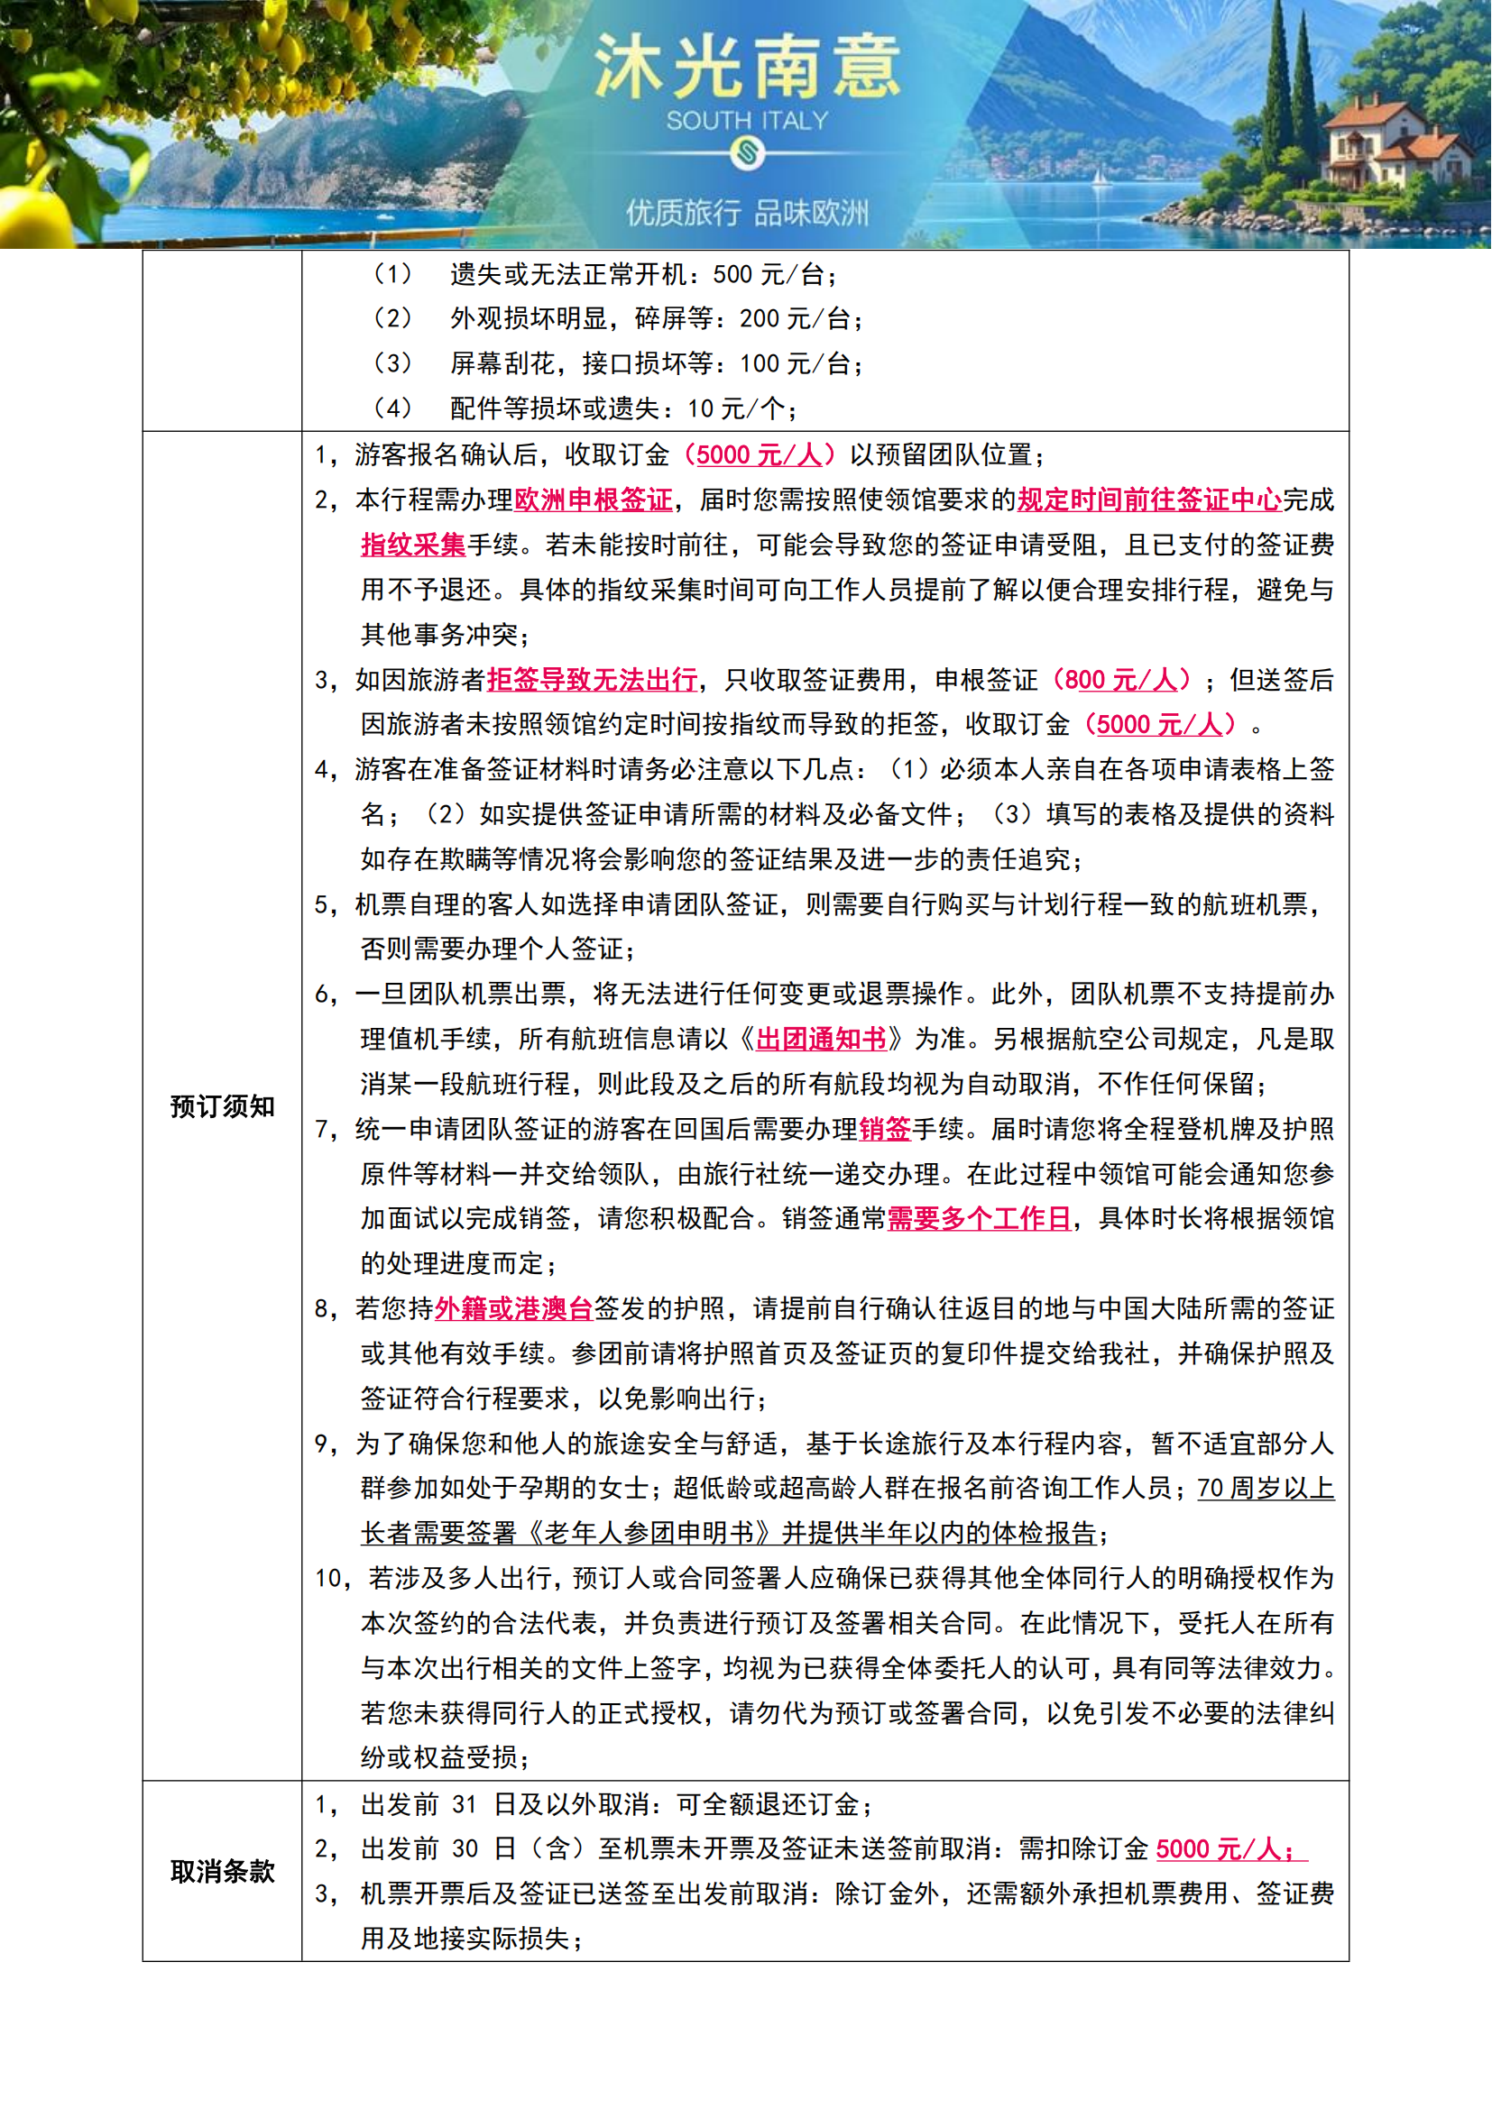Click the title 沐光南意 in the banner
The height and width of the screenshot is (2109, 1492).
coord(746,66)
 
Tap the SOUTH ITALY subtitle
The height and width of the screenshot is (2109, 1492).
coord(747,120)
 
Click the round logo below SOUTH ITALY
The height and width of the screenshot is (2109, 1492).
coord(747,151)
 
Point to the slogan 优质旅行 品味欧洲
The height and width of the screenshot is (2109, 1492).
coord(747,213)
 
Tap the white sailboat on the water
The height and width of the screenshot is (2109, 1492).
coord(1100,178)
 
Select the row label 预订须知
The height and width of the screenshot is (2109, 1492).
coord(222,1106)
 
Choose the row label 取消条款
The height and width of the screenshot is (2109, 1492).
coord(222,1871)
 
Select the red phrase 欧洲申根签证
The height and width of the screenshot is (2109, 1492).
coord(594,500)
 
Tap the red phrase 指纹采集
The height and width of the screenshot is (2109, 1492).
coord(413,545)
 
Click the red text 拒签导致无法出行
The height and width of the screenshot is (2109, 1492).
coord(592,680)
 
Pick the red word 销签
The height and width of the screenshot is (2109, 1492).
coord(885,1129)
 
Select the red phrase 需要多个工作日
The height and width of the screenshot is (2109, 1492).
coord(980,1219)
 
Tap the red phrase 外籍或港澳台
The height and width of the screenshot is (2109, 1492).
coord(513,1308)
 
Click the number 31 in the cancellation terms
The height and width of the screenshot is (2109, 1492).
coord(465,1805)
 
